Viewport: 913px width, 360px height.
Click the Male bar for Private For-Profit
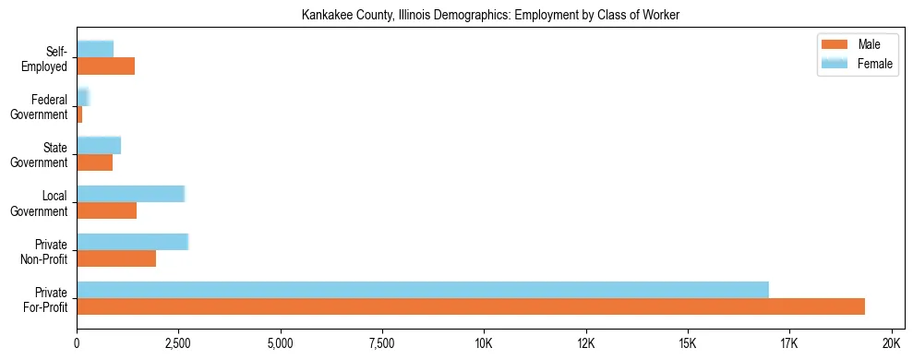click(x=471, y=306)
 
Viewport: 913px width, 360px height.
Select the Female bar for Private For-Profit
click(x=423, y=289)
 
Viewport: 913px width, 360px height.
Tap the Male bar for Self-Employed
click(x=105, y=66)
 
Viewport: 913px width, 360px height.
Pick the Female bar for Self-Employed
click(x=95, y=49)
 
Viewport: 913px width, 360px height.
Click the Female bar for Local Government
click(x=130, y=193)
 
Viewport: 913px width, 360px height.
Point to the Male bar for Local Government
click(x=106, y=210)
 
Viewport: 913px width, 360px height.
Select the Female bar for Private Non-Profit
click(x=132, y=241)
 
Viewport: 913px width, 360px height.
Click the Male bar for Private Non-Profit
click(x=116, y=258)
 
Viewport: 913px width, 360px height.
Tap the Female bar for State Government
click(x=99, y=145)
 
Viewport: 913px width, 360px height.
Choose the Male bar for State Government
click(x=94, y=162)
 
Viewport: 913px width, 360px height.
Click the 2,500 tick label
click(x=178, y=343)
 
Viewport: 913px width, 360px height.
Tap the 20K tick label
click(x=891, y=343)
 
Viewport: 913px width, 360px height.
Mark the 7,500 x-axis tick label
click(x=381, y=343)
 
